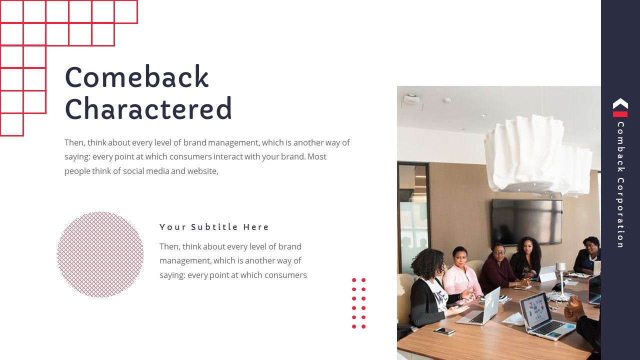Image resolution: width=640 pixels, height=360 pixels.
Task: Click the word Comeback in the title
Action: point(136,77)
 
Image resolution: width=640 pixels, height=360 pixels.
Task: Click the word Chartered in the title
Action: point(148,108)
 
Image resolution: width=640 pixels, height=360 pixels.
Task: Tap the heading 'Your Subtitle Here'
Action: point(214,227)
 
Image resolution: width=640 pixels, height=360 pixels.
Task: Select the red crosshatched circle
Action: point(100,254)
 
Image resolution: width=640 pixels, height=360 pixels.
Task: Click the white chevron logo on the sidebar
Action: point(620,103)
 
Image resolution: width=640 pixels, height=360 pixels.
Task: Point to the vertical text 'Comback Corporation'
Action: point(620,185)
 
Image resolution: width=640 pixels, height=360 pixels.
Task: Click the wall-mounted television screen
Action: point(526,221)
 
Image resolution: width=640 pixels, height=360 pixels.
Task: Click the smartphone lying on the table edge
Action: point(444,330)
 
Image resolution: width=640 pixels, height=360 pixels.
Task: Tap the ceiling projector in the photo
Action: point(412,99)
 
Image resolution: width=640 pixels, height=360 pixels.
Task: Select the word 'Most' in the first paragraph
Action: point(316,156)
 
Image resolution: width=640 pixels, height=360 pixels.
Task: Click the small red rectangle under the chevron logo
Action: point(620,114)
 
